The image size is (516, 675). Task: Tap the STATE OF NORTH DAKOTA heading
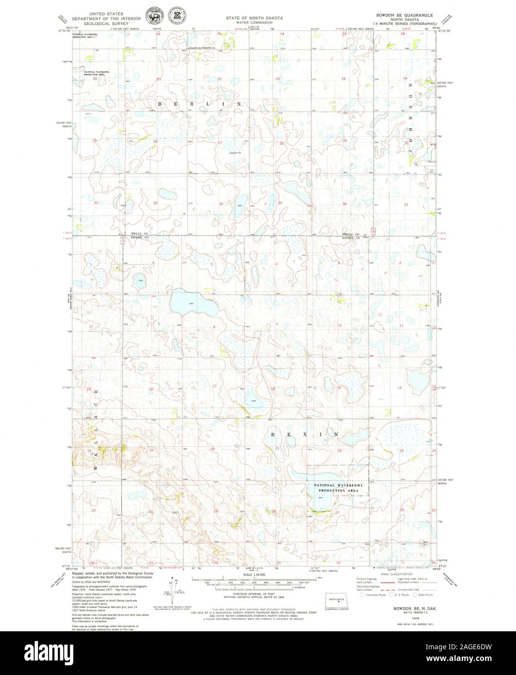(x=254, y=17)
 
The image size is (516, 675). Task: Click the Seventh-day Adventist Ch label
(x=204, y=49)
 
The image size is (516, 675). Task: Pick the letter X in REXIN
(x=306, y=434)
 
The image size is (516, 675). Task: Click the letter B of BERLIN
(x=160, y=104)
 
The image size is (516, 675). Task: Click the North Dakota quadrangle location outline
(x=336, y=600)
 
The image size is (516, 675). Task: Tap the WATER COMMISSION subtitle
(x=254, y=23)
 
